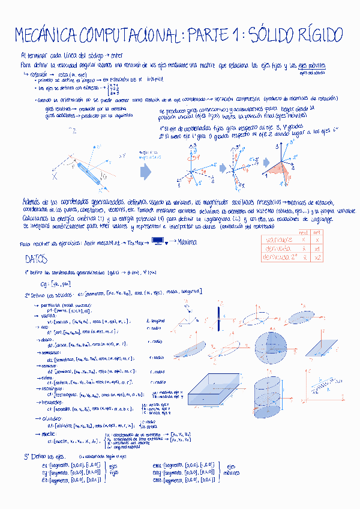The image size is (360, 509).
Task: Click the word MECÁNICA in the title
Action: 45,35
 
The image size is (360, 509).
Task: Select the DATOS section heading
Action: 37,259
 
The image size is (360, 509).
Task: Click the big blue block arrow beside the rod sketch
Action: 145,172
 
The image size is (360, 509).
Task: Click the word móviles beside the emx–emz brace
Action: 230,472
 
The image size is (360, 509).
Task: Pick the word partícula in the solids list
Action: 53,306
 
